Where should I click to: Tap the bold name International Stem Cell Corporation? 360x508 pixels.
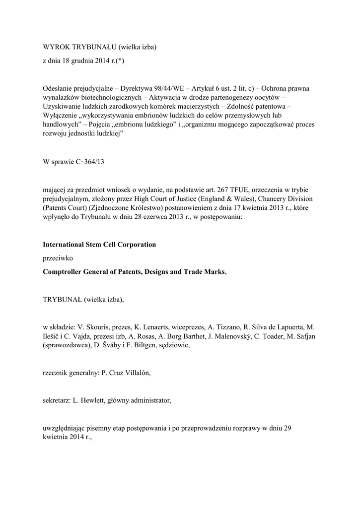(99, 245)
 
